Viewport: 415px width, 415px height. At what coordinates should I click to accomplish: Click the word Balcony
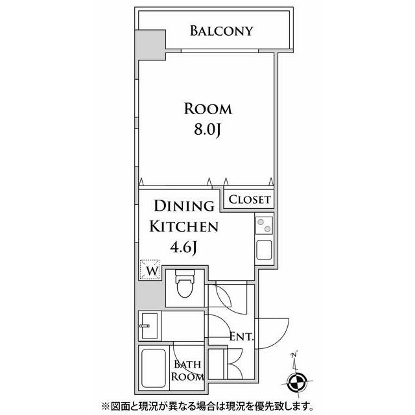pos(222,31)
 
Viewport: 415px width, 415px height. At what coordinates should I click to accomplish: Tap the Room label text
pos(207,109)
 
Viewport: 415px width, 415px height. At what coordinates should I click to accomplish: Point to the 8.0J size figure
pos(207,130)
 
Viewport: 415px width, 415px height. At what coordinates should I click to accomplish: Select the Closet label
pos(250,200)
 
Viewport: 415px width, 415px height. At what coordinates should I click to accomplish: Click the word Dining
pos(184,206)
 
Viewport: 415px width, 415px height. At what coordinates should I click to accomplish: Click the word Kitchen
pos(184,226)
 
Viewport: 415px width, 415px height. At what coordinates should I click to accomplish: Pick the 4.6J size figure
pos(184,248)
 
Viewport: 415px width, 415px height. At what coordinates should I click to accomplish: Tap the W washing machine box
pos(150,270)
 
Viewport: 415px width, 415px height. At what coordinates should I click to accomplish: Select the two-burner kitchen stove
pos(264,225)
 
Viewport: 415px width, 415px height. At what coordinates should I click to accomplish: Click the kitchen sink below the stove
pos(264,250)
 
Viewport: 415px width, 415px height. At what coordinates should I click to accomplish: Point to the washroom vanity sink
pos(150,326)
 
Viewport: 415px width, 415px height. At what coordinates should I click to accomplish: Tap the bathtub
pos(154,368)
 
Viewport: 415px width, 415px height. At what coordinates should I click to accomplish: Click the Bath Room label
pos(187,370)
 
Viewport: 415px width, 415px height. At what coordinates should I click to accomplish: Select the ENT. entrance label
pos(241,337)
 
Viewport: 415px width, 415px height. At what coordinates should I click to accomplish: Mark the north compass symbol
pos(297,383)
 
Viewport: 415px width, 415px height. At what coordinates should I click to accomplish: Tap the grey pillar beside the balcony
pos(150,45)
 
